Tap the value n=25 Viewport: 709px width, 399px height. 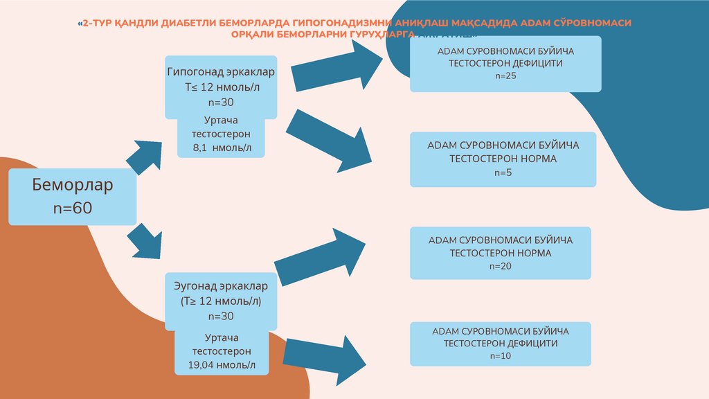point(505,76)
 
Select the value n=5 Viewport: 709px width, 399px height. point(503,172)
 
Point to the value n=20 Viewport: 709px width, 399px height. point(500,266)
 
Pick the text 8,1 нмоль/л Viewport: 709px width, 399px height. point(221,148)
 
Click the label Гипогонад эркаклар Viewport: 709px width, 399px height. point(222,72)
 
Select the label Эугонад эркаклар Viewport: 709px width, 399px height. point(222,285)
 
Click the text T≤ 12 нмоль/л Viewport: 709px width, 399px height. point(222,87)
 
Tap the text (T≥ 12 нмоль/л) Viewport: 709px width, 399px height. point(222,301)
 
